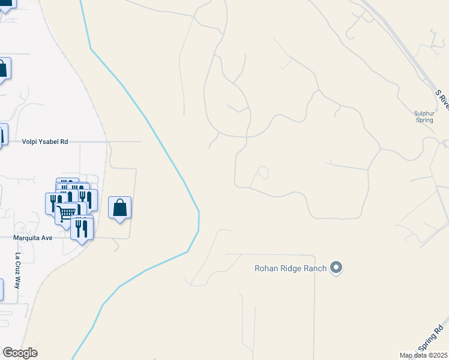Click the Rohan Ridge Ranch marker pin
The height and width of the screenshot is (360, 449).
tap(336, 268)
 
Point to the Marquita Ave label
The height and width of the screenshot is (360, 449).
tap(34, 238)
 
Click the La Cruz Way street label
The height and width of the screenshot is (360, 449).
tap(18, 271)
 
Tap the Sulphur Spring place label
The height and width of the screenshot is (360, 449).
tap(424, 116)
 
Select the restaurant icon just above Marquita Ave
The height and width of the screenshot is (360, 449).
tap(82, 228)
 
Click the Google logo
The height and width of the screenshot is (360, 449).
tap(20, 353)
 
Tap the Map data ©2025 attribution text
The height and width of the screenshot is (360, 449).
tap(424, 355)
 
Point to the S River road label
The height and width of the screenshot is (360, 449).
tap(442, 99)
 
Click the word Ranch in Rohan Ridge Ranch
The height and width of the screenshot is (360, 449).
tap(316, 268)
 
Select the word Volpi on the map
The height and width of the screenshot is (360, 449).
tap(31, 142)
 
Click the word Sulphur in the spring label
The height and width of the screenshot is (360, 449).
tap(424, 113)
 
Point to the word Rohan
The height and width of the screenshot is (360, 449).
tap(267, 268)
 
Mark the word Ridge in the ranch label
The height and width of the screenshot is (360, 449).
tap(292, 268)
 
